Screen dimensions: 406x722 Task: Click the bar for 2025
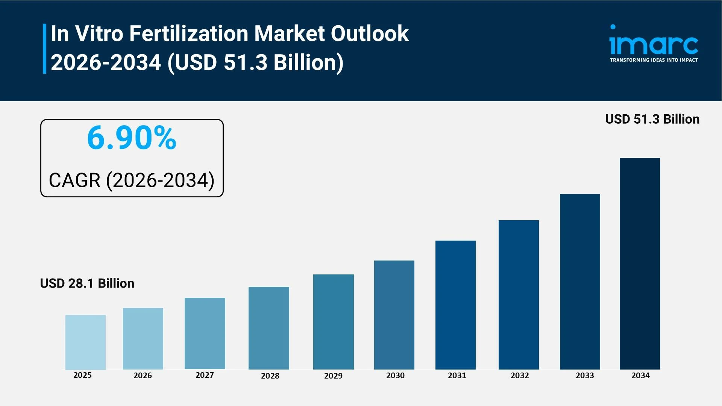85,342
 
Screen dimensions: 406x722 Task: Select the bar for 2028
268,328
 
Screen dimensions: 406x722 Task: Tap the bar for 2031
455,305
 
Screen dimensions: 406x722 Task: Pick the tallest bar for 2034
640,264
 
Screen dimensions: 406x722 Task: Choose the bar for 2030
394,315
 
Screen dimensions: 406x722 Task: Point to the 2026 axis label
143,375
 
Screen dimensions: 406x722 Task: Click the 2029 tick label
333,376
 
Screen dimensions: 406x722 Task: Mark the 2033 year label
585,375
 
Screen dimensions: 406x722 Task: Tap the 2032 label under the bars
520,375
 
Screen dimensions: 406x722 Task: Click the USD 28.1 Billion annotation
87,283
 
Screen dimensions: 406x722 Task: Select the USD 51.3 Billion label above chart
652,119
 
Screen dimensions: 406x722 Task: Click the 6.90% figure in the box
132,138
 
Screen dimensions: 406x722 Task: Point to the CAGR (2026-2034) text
132,180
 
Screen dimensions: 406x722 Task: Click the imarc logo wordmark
654,44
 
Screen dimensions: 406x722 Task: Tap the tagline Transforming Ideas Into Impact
654,60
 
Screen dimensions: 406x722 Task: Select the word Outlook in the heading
369,33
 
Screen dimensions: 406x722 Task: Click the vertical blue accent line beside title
44,48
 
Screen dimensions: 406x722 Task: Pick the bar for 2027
205,333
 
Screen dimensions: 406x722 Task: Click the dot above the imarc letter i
613,27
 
